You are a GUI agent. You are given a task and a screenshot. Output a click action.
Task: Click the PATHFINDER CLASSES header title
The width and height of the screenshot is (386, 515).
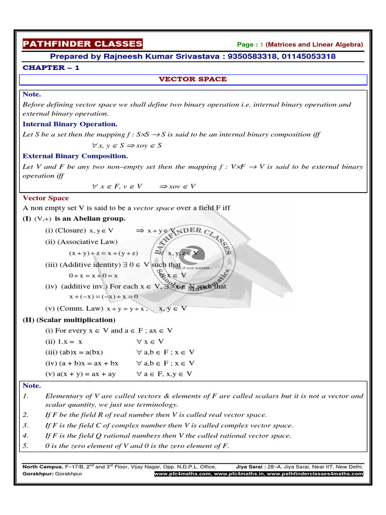[x=82, y=44]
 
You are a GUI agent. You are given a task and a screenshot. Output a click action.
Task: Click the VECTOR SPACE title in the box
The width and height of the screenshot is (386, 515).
[x=193, y=79]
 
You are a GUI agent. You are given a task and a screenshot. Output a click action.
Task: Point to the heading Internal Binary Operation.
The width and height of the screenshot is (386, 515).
[x=70, y=124]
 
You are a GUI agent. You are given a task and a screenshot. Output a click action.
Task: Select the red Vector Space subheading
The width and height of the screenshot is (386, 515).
[x=46, y=198]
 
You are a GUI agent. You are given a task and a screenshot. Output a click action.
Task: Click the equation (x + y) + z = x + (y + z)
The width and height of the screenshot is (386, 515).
[x=104, y=253]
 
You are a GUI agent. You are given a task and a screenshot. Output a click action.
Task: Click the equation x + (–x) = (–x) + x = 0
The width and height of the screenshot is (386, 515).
[x=103, y=296]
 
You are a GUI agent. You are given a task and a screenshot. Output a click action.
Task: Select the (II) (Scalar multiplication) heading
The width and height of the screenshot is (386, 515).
[x=69, y=320]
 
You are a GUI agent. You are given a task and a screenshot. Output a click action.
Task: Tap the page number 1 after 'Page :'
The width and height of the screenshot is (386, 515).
[x=262, y=45]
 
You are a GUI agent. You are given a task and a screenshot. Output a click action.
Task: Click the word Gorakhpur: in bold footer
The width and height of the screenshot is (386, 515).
[x=38, y=474]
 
